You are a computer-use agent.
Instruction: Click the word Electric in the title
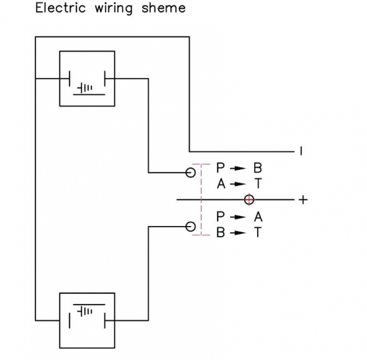click(x=61, y=8)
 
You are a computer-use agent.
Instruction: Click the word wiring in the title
click(x=113, y=9)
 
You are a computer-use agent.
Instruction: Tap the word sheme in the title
click(x=163, y=8)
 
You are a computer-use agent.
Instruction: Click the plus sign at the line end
click(x=303, y=200)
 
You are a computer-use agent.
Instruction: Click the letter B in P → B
click(x=258, y=168)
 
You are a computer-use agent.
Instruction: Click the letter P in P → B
click(x=220, y=168)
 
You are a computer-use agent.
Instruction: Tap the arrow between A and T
click(x=238, y=184)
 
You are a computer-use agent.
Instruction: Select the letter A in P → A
click(x=258, y=217)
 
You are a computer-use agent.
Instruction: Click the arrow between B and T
click(x=238, y=233)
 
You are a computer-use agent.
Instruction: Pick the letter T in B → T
click(x=258, y=232)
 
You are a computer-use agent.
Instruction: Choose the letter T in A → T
click(x=258, y=183)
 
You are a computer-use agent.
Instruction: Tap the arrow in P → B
click(x=238, y=168)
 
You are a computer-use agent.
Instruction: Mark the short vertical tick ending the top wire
click(x=301, y=151)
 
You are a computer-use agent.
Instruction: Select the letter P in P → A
click(x=220, y=217)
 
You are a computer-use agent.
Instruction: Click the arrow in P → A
click(x=238, y=217)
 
